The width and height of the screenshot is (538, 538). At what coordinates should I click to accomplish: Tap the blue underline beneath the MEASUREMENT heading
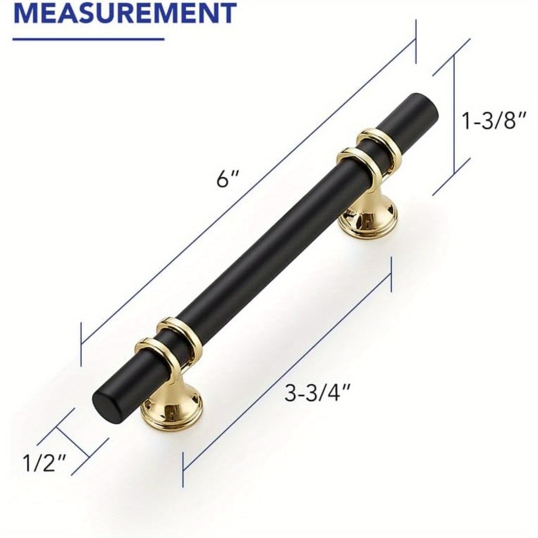[x=89, y=38]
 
